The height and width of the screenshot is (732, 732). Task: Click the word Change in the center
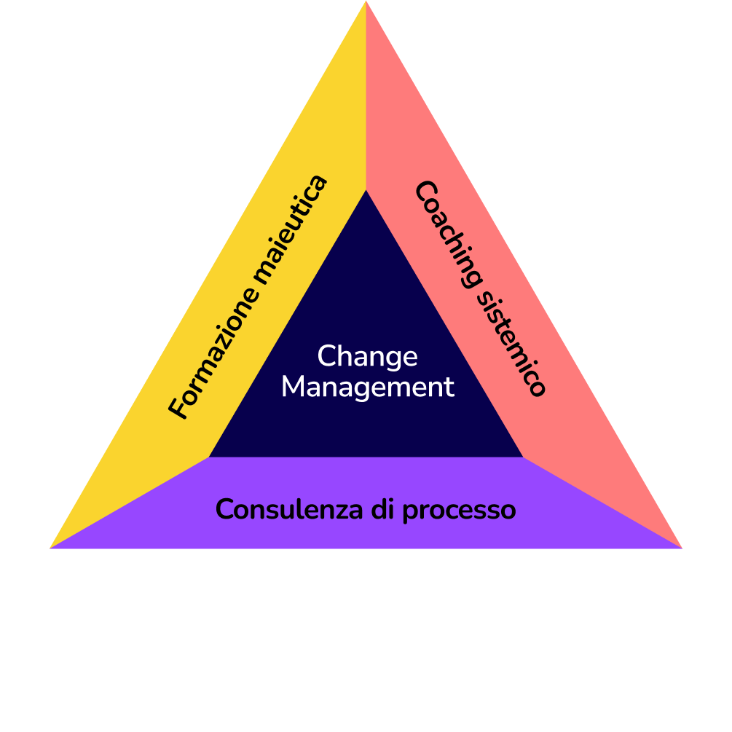[x=368, y=357]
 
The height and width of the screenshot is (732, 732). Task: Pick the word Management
[x=368, y=387]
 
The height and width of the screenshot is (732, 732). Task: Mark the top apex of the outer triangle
[x=366, y=2]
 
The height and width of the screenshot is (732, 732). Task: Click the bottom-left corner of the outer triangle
[x=50, y=548]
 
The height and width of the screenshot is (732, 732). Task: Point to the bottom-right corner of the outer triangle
[x=682, y=548]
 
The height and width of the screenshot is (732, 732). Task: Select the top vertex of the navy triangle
[x=366, y=190]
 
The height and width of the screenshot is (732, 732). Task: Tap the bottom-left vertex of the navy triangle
[x=210, y=457]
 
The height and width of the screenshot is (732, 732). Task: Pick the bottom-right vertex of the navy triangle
[x=522, y=457]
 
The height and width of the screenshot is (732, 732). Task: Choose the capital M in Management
[x=294, y=387]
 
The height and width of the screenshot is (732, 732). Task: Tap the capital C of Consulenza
[x=226, y=509]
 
